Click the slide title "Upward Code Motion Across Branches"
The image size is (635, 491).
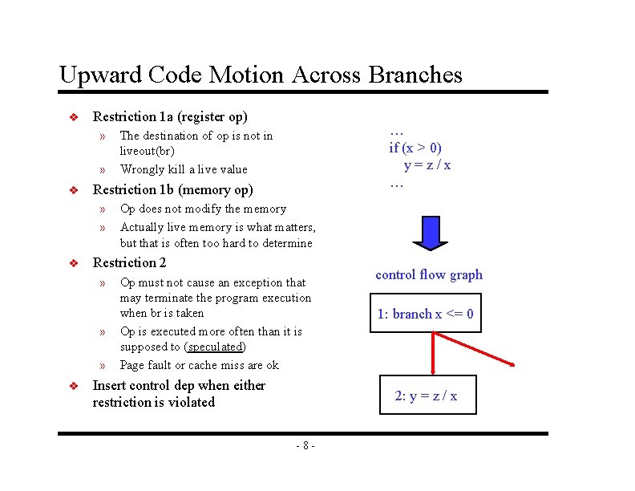pos(261,75)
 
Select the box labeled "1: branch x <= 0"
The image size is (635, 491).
pos(426,314)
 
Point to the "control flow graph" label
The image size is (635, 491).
pos(429,274)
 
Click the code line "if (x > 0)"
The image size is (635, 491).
pos(415,148)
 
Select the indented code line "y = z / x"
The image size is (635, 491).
pos(427,164)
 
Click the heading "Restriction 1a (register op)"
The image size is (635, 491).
pos(170,116)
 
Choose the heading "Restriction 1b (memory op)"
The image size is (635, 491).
pos(172,190)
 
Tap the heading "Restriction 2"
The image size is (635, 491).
pos(130,262)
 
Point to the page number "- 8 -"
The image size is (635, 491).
pos(305,445)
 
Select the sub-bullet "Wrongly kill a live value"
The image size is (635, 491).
pos(184,169)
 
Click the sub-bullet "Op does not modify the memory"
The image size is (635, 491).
pos(203,209)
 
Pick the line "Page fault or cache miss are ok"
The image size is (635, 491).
pos(199,365)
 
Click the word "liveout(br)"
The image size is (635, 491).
pos(147,151)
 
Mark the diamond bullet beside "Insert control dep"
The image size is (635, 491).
pos(72,386)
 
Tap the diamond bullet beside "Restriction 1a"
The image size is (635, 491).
pos(72,117)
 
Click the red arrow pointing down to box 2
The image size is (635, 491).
pos(434,353)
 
